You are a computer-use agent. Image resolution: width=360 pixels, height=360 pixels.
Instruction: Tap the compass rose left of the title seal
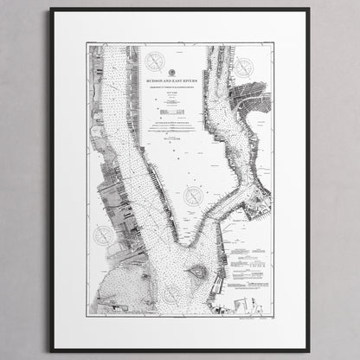[x=155, y=61]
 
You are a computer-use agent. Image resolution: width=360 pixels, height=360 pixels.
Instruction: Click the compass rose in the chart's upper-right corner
[x=244, y=66]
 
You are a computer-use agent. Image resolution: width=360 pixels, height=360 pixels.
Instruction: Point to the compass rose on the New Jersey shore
[x=104, y=235]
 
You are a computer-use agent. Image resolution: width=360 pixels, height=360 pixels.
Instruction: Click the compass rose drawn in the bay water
[x=170, y=295]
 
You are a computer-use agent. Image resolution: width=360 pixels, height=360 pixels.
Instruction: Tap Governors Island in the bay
[x=197, y=271]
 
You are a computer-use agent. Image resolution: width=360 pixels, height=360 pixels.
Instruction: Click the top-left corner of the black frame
[x=51, y=10]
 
